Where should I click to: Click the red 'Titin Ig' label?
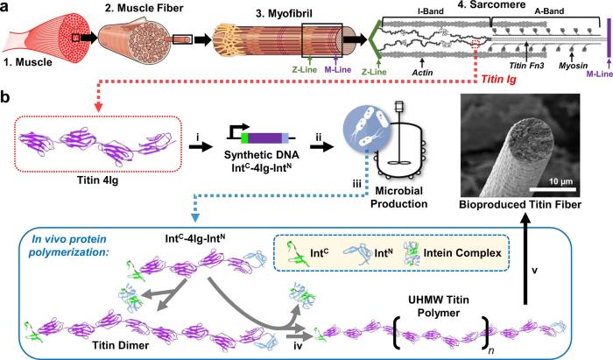498,80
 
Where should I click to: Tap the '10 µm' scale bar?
553,189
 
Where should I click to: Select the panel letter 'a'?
5,7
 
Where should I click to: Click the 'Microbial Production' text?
398,197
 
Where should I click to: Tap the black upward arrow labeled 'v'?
525,260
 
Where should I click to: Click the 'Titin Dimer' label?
121,345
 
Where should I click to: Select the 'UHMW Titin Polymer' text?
439,307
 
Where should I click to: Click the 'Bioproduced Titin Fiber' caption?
520,204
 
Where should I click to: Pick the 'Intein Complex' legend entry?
462,253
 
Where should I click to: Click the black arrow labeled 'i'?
200,146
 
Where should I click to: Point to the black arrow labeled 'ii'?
322,146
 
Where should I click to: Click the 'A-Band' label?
548,11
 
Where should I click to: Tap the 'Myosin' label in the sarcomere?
571,66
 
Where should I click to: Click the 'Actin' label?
423,73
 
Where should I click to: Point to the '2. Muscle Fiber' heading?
144,8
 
